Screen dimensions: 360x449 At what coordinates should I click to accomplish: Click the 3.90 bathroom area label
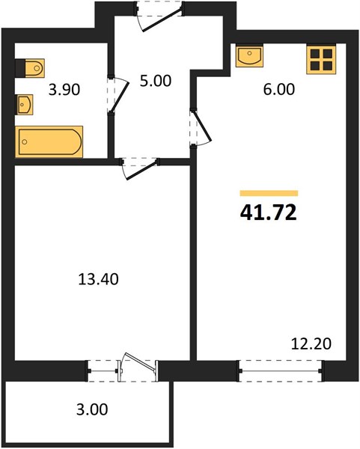[64, 90]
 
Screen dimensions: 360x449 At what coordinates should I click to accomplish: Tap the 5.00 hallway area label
[156, 81]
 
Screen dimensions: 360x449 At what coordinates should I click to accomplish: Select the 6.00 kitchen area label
[278, 89]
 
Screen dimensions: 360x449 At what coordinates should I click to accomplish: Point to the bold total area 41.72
[269, 213]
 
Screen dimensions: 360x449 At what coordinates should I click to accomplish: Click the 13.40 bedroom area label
[98, 279]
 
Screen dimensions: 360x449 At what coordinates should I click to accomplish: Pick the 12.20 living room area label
[311, 343]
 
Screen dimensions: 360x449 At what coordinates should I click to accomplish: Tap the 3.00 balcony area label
[92, 409]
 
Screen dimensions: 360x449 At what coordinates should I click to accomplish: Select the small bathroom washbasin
[25, 105]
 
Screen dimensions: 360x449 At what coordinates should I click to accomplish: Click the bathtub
[49, 141]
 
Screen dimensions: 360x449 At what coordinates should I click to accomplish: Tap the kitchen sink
[249, 56]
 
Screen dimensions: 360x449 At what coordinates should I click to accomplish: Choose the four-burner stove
[321, 60]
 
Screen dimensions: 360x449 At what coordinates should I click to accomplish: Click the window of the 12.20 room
[281, 371]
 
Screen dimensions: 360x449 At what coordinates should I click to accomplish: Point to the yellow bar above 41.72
[269, 193]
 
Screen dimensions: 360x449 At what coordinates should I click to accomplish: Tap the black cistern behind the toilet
[20, 68]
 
